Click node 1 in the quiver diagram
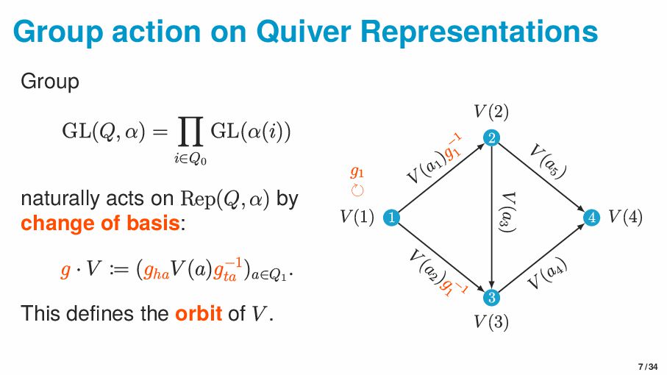[x=391, y=217]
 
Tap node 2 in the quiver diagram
[x=491, y=137]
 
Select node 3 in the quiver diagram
[x=491, y=297]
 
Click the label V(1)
[x=357, y=217]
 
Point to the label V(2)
[x=491, y=112]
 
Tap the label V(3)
[x=491, y=321]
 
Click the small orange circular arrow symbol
[x=357, y=190]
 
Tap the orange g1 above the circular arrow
[x=357, y=173]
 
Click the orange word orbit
[x=198, y=313]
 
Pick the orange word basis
[x=151, y=223]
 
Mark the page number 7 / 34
[x=647, y=366]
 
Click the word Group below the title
[x=49, y=81]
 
